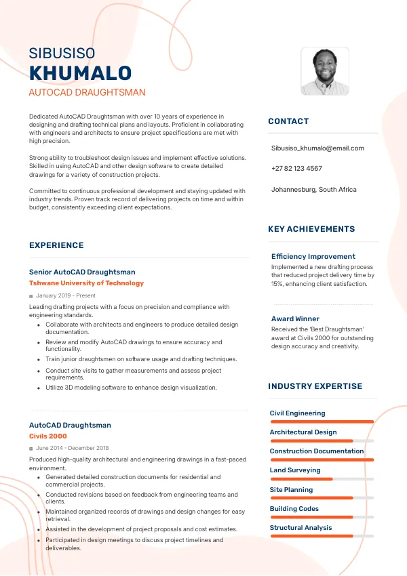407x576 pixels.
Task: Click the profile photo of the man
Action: tap(324, 71)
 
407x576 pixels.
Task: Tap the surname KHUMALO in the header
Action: tap(80, 73)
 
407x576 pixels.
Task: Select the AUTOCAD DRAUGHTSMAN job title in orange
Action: tap(87, 92)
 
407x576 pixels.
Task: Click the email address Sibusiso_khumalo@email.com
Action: tap(317, 148)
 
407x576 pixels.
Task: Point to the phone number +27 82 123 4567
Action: tap(296, 168)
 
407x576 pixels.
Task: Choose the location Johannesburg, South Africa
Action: tap(313, 189)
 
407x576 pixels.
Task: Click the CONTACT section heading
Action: tap(288, 121)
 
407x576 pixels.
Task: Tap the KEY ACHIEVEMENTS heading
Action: tap(311, 229)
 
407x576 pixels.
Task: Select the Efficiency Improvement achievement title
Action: tap(313, 256)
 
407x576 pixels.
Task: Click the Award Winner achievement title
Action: tap(295, 318)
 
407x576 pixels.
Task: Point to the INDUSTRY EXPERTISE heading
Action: tap(315, 386)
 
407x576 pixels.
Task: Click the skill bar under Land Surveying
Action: tap(322, 479)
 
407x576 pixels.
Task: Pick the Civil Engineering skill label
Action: tap(297, 413)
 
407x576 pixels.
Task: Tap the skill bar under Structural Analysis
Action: tap(322, 536)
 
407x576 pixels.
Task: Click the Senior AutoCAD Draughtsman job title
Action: tap(82, 272)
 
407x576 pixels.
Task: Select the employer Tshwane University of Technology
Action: tap(86, 283)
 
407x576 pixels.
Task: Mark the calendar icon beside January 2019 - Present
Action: tap(31, 296)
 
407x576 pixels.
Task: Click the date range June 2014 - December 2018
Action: tap(73, 448)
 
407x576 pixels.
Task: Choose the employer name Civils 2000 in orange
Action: tap(48, 436)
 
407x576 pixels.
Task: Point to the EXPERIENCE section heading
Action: tap(56, 245)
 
